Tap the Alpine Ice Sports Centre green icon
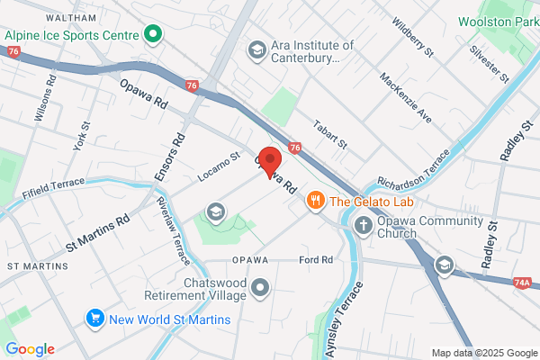[x=153, y=36]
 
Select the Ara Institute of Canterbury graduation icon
[x=256, y=49]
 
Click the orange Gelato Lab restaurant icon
[x=315, y=201]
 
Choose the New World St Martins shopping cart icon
[x=94, y=319]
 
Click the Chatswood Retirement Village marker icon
[x=261, y=289]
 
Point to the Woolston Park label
[x=498, y=21]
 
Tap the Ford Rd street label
[x=315, y=259]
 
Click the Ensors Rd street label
[x=177, y=153]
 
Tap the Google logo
[x=29, y=349]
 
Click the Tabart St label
[x=330, y=133]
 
